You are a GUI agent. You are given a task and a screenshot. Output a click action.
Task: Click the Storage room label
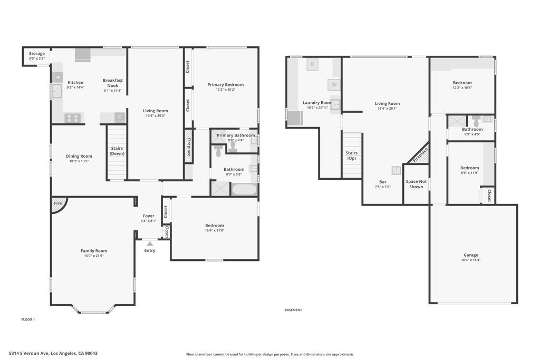(37, 54)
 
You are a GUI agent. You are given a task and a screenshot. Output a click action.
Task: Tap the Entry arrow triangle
(150, 244)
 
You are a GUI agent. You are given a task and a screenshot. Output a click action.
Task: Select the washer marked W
(334, 84)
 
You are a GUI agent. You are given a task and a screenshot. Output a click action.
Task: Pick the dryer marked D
(312, 64)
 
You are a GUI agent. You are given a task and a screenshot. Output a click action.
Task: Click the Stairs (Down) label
(117, 151)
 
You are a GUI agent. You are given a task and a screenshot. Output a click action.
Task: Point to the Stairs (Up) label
(352, 155)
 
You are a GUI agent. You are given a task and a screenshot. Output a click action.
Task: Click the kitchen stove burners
(73, 118)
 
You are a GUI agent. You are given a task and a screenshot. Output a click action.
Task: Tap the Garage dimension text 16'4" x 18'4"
(471, 260)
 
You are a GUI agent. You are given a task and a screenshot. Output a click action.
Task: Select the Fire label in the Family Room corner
(58, 203)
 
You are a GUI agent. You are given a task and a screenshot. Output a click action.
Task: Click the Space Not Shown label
(416, 184)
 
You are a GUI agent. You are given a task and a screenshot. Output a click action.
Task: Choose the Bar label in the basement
(383, 182)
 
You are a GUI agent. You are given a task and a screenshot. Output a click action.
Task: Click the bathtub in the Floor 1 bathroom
(244, 189)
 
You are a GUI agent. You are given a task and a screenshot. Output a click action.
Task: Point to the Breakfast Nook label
(113, 83)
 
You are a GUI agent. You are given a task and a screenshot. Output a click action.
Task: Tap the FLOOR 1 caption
(28, 320)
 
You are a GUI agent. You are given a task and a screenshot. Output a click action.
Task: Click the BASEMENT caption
(293, 310)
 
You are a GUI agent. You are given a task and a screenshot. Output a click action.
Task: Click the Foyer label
(148, 216)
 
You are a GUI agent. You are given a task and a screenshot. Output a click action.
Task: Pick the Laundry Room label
(317, 103)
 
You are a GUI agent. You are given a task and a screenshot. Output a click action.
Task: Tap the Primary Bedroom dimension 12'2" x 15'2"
(226, 90)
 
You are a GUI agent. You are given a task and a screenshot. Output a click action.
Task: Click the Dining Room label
(79, 156)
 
